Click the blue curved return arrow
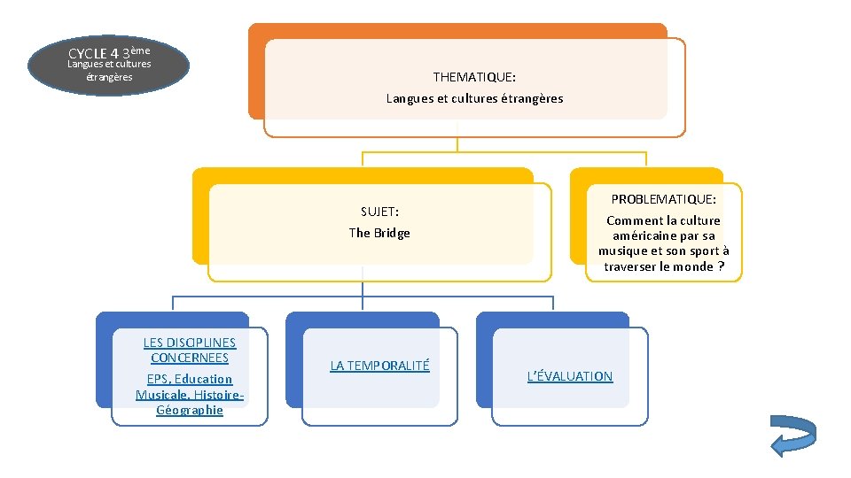[x=792, y=436]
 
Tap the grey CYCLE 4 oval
[x=109, y=65]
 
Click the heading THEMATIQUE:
[x=474, y=77]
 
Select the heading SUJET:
[x=379, y=212]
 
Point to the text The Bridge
[x=379, y=233]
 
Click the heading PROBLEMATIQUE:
[x=663, y=199]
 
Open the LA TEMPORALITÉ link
[x=379, y=365]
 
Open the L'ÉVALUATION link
[x=570, y=376]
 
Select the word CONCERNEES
[x=190, y=358]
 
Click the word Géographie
[x=190, y=410]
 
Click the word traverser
[x=633, y=266]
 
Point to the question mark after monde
[x=721, y=266]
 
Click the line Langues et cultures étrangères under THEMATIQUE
[x=474, y=98]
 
